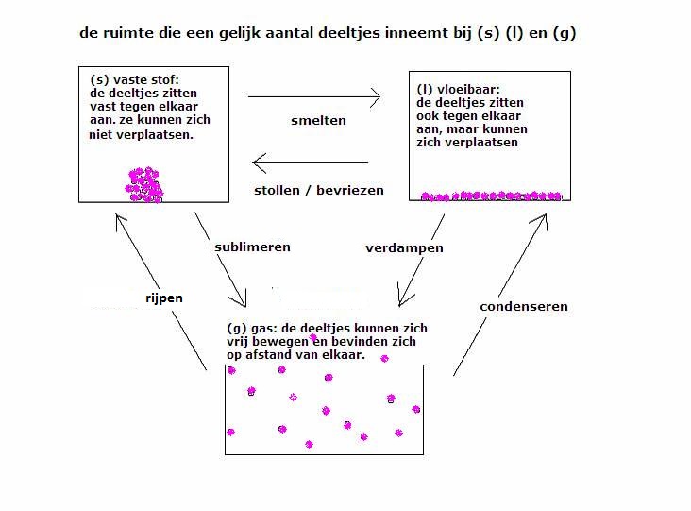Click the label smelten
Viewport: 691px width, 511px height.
(x=318, y=120)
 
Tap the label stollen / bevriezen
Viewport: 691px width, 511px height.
(x=319, y=191)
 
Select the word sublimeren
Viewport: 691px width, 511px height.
(x=252, y=247)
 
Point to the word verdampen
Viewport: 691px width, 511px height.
(x=404, y=248)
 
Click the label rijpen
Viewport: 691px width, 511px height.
(x=164, y=298)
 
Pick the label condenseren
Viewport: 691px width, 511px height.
(x=524, y=306)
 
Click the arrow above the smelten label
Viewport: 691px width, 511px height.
(x=314, y=97)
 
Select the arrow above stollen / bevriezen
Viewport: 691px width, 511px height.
(x=310, y=162)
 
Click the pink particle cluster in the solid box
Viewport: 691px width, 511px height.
(x=144, y=185)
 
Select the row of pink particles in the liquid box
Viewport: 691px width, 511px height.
(x=492, y=196)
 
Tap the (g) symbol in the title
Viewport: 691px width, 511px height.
(x=565, y=33)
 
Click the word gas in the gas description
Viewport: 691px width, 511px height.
(x=263, y=329)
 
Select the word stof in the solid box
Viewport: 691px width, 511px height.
(x=164, y=79)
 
